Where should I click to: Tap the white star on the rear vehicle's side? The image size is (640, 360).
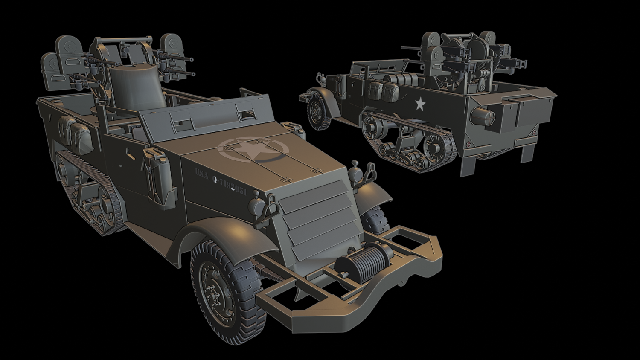[x=420, y=103]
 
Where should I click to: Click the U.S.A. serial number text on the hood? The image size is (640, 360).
[x=221, y=181]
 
